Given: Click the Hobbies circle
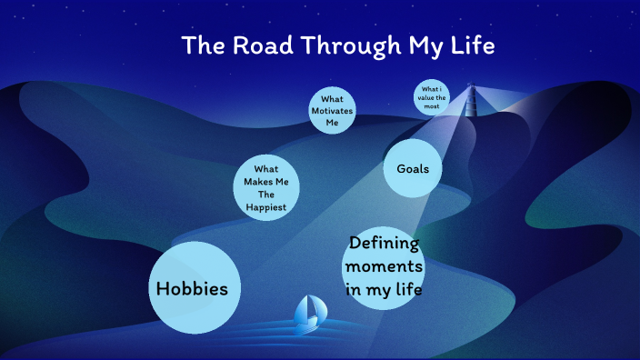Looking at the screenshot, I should (194, 288).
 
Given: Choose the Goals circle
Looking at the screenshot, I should (413, 169).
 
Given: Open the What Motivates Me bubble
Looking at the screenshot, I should (332, 111).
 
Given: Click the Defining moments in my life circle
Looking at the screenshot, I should (384, 267).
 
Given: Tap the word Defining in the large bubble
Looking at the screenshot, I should (385, 244).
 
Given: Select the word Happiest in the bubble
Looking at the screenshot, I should (266, 207).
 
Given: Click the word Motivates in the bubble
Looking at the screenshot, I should (332, 111).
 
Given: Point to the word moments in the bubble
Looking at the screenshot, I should (384, 267).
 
